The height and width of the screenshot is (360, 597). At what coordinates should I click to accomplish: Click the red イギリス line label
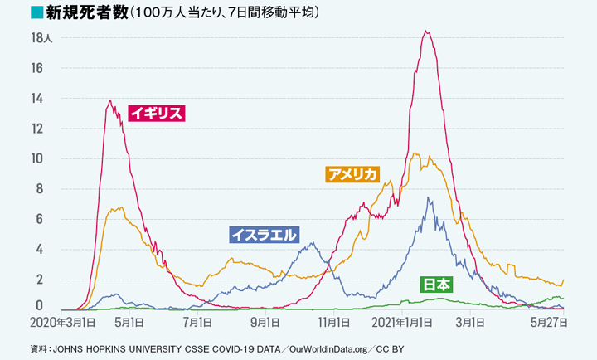[156, 114]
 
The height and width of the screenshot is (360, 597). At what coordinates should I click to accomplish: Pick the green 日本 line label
[437, 285]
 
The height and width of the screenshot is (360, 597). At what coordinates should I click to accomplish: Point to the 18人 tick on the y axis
[41, 37]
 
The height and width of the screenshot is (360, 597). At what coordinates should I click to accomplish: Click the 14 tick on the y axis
[37, 98]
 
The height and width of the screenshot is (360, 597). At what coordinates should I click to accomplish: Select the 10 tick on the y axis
[37, 158]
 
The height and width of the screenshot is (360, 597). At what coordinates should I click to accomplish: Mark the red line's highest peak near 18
[425, 32]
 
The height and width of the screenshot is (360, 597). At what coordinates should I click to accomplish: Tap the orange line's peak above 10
[415, 153]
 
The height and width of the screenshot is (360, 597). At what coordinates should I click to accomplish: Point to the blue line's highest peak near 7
[428, 197]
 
